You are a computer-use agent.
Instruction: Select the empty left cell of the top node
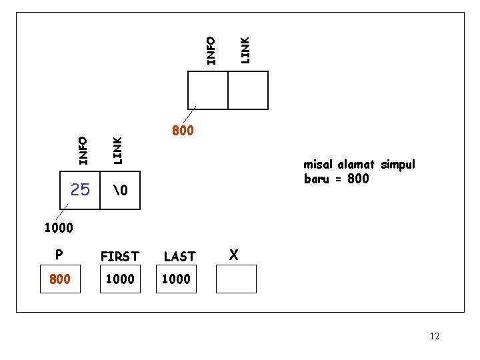208,90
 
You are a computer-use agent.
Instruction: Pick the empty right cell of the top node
248,90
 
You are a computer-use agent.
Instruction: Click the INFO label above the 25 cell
83,150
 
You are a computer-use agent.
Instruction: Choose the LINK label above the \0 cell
117,150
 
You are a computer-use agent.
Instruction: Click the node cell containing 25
80,191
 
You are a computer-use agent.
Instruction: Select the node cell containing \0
120,191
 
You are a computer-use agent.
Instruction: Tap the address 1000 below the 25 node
59,228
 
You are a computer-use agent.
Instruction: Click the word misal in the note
318,165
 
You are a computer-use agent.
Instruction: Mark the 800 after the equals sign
358,179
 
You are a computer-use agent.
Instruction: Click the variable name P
59,255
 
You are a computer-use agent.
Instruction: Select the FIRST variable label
119,256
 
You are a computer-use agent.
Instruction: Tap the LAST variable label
179,256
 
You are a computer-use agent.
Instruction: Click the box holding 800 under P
60,279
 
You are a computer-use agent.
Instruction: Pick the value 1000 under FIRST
119,279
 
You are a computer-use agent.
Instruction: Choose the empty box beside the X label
236,279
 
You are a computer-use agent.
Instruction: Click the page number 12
434,336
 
